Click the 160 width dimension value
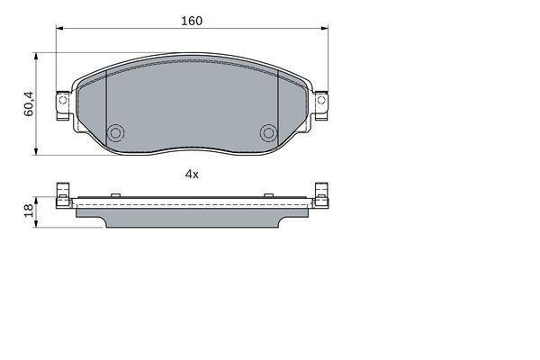point(192,21)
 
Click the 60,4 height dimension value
point(29,103)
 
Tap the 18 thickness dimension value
point(29,210)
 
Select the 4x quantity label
point(192,175)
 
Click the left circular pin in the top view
point(115,133)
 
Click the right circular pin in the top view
point(268,133)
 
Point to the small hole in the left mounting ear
point(63,100)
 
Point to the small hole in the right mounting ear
point(320,100)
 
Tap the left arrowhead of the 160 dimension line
point(59,29)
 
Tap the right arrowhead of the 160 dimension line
point(324,29)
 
